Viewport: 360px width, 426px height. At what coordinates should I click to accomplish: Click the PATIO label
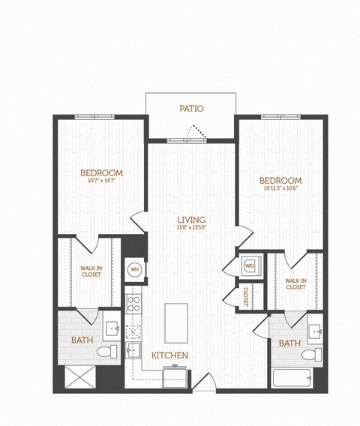191,109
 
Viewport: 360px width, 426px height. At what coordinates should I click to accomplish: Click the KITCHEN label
169,354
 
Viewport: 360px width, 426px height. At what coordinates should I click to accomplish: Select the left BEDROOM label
102,173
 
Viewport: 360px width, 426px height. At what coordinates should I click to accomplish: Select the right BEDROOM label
280,181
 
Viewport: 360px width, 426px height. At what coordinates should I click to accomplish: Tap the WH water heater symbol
135,268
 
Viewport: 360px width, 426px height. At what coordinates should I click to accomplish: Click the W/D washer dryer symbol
249,265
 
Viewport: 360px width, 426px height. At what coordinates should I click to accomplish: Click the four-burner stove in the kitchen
134,304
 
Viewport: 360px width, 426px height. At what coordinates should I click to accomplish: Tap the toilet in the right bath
317,354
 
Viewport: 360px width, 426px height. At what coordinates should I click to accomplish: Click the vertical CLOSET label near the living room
246,297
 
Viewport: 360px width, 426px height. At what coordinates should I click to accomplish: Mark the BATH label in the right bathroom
289,343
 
